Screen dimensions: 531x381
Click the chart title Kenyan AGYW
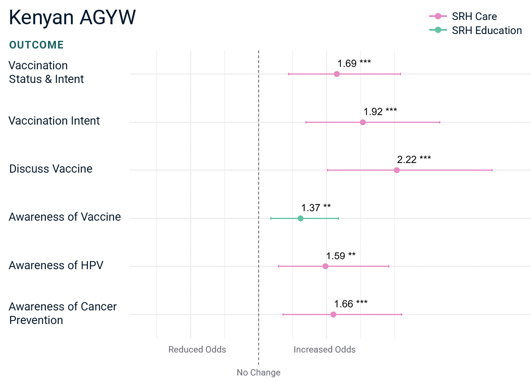72,18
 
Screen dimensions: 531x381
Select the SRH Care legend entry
463,16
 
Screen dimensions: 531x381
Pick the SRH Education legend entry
475,30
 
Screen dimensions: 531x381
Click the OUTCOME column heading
36,45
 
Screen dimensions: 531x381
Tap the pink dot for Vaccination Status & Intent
336,74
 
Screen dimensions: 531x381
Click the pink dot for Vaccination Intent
363,122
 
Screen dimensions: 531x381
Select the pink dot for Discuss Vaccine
397,170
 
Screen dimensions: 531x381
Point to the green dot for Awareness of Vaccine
300,218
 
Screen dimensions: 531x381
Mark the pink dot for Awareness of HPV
325,266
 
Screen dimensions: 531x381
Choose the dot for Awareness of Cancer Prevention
333,315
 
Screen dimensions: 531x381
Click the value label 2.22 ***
414,159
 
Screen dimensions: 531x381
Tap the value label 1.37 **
316,208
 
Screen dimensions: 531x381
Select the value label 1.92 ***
380,111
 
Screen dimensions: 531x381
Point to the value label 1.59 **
341,256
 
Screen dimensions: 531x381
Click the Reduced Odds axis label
197,350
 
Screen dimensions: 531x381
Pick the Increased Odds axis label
325,350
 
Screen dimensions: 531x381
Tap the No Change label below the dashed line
258,372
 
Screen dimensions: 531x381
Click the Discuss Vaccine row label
51,169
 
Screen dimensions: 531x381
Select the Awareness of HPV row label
56,265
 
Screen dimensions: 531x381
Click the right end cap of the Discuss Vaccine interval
492,170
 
